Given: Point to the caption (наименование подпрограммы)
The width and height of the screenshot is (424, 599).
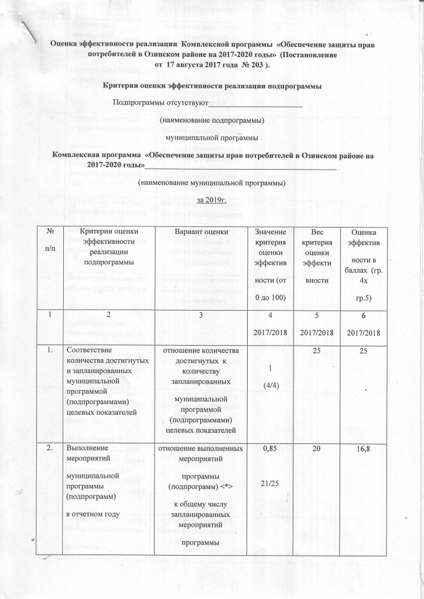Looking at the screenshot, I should (212, 121).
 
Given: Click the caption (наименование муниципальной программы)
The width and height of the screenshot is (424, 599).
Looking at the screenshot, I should (211, 183).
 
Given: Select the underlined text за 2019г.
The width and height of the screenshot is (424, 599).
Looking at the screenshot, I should (212, 200).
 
